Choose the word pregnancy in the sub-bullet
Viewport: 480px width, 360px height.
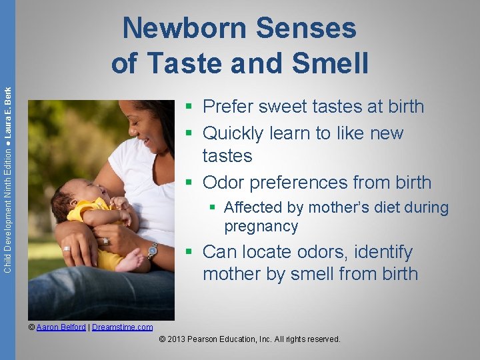click(261, 227)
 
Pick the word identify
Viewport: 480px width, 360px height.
click(383, 252)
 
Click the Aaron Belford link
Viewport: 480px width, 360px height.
click(61, 327)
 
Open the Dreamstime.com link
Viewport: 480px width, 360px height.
click(122, 327)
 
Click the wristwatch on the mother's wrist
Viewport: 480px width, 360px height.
click(152, 251)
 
